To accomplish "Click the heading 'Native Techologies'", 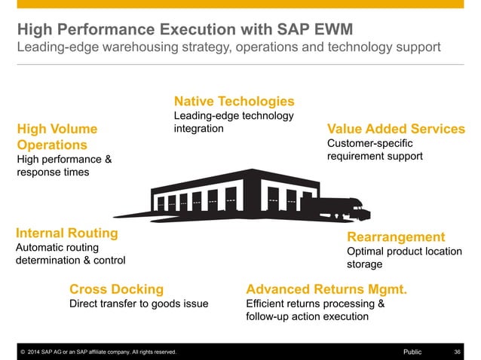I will [234, 101].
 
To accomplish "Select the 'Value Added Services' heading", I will [395, 129].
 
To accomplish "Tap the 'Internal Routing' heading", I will [67, 233].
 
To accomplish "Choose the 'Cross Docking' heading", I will [116, 289].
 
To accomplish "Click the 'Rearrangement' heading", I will [396, 236].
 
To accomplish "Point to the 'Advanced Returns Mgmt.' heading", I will [326, 289].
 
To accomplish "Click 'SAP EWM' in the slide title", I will [313, 30].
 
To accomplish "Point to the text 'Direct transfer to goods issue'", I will [139, 304].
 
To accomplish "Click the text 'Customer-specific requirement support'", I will [375, 149].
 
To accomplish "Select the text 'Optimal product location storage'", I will [404, 258].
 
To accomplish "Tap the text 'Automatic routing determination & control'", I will [70, 254].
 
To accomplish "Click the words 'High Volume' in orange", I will [57, 129].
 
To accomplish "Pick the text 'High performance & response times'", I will [64, 166].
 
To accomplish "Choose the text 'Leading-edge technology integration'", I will [234, 122].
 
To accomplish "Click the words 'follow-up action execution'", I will [308, 317].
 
